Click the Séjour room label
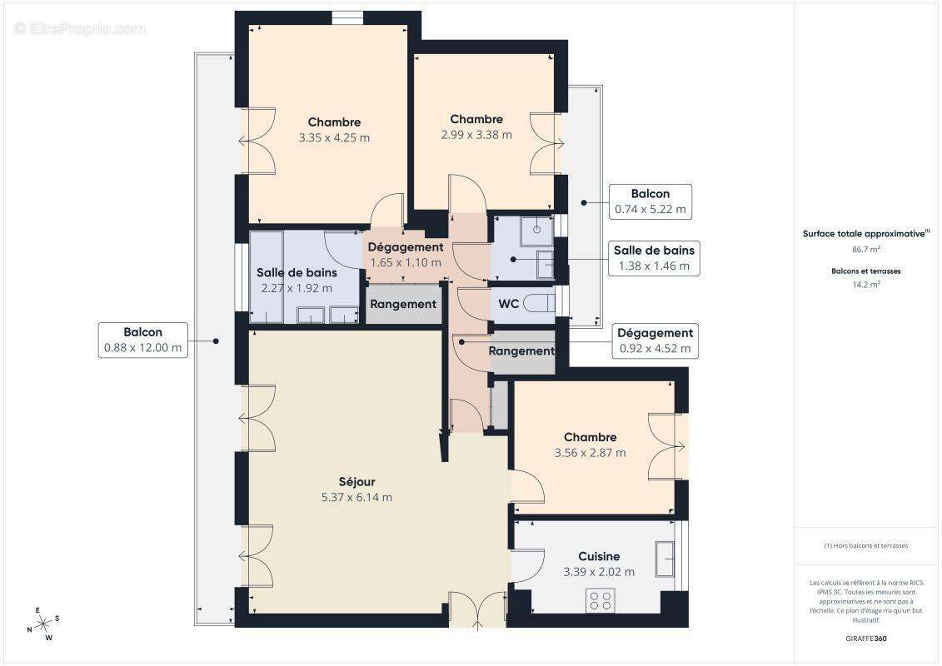[356, 482]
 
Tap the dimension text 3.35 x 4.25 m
[334, 138]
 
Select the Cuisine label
[599, 556]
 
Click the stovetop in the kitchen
[601, 599]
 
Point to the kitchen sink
[665, 559]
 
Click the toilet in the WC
[540, 303]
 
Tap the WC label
[508, 304]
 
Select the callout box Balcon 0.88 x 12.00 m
[142, 340]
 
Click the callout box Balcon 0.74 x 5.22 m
[650, 201]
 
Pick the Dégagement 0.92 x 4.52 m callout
[655, 341]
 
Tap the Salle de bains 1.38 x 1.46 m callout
[654, 258]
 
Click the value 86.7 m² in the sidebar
[866, 249]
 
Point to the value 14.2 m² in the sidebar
[866, 284]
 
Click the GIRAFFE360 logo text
[866, 639]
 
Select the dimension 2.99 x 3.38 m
[476, 135]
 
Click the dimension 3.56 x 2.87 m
[590, 453]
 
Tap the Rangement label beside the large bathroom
[403, 305]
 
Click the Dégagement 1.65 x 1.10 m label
[406, 255]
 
